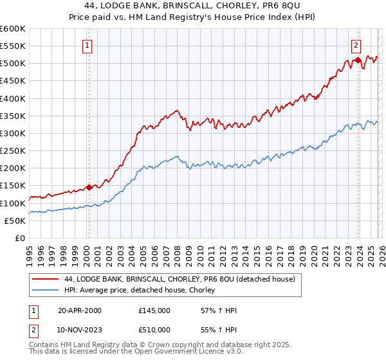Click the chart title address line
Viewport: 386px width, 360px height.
(x=193, y=5)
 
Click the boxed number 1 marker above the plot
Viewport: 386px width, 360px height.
(x=87, y=45)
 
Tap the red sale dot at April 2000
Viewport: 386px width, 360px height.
(x=89, y=188)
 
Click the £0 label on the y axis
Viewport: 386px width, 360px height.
(x=21, y=238)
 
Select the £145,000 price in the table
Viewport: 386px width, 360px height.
(x=154, y=310)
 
